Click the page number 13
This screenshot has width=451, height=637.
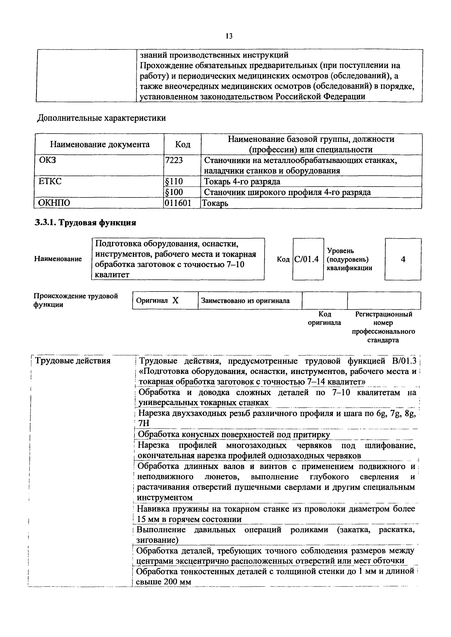(229, 36)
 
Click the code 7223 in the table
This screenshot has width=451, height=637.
(174, 160)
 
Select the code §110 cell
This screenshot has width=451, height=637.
(174, 181)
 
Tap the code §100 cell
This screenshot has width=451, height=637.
(174, 192)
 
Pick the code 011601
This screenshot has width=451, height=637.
(178, 203)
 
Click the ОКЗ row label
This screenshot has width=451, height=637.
(47, 160)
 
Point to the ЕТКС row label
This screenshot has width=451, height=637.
(50, 181)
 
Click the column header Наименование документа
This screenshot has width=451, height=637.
(100, 144)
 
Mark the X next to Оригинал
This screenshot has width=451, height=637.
(175, 301)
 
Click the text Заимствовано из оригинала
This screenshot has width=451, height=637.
(245, 301)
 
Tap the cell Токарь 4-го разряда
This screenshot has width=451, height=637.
(242, 181)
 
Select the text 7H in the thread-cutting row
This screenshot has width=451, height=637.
(144, 423)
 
